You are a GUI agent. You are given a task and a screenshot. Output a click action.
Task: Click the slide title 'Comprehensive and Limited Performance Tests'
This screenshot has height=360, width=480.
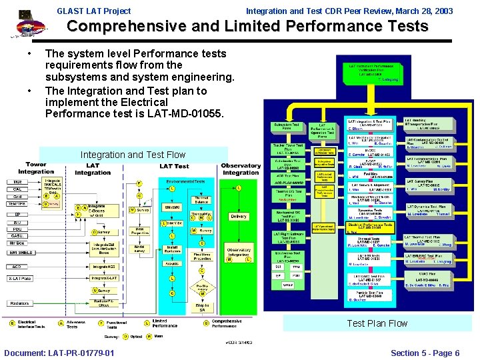pyautogui.click(x=247, y=27)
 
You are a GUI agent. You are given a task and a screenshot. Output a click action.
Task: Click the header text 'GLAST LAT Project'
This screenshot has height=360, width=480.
pyautogui.click(x=94, y=11)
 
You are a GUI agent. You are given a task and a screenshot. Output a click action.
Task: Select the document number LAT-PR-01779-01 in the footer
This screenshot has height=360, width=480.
pyautogui.click(x=59, y=353)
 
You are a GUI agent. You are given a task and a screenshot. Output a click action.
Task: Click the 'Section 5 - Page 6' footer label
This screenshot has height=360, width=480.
pyautogui.click(x=425, y=353)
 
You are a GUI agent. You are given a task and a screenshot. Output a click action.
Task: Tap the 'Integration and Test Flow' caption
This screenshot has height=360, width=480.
pyautogui.click(x=133, y=155)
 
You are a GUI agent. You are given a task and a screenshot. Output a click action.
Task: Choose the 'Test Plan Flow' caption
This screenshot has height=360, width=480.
pyautogui.click(x=377, y=323)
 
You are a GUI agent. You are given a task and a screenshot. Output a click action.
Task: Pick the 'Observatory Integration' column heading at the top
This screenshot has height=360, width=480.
pyautogui.click(x=241, y=169)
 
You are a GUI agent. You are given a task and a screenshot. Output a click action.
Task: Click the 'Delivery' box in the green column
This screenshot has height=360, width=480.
pyautogui.click(x=238, y=216)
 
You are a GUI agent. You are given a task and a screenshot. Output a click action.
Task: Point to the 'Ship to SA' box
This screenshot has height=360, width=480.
pyautogui.click(x=202, y=306)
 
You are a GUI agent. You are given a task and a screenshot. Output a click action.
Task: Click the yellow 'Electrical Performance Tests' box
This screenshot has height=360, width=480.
pyautogui.click(x=369, y=226)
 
